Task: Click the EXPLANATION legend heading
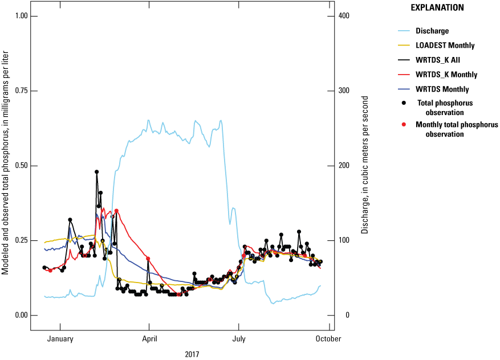tap(437, 8)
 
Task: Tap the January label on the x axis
tap(59, 338)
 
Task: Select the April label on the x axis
tap(149, 338)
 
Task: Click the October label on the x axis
tap(328, 338)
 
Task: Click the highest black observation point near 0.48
tap(97, 171)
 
